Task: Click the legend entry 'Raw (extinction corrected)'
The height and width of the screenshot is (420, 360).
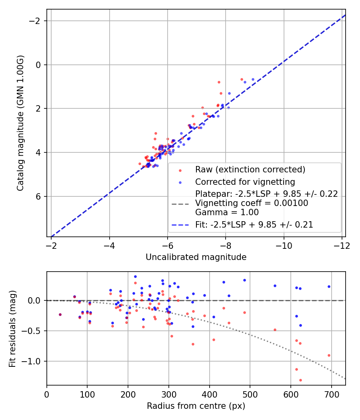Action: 250,170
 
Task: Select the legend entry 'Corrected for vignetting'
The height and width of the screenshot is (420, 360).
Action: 245,182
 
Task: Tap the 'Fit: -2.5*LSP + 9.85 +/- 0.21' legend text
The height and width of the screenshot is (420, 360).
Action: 254,225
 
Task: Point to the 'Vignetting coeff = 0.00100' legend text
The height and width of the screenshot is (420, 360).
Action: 252,203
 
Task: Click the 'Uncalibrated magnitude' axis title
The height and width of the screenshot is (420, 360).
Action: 196,257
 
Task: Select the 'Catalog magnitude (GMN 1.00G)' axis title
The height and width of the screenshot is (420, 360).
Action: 20,123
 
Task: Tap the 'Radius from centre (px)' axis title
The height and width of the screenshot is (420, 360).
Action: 196,406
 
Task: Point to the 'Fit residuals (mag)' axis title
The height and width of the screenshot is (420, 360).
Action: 12,328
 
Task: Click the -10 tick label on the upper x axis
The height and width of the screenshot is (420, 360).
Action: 284,245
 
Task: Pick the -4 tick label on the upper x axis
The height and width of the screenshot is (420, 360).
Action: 110,245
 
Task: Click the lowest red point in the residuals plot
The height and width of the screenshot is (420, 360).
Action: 300,380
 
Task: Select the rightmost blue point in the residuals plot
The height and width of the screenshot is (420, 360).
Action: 329,286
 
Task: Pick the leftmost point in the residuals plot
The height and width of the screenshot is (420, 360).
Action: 60,314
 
